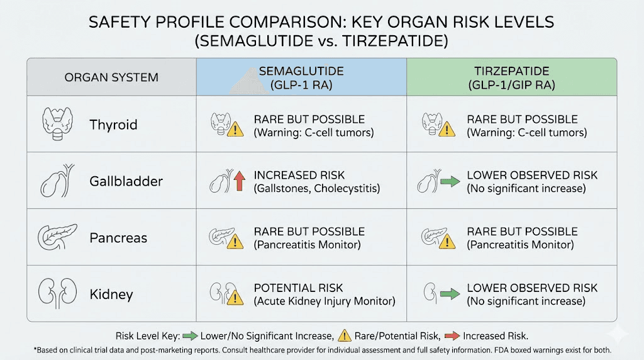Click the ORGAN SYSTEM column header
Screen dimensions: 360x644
tap(111, 78)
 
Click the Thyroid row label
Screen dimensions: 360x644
tap(113, 125)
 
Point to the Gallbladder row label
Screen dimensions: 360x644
tap(126, 181)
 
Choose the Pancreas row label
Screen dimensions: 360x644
tap(118, 238)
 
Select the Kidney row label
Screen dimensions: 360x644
tap(111, 295)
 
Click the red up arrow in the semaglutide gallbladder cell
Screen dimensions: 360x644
tap(238, 183)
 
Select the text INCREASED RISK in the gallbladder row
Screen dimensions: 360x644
tap(299, 175)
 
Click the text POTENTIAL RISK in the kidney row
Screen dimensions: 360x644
tap(298, 288)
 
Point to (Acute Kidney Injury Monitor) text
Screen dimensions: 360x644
tap(325, 301)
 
